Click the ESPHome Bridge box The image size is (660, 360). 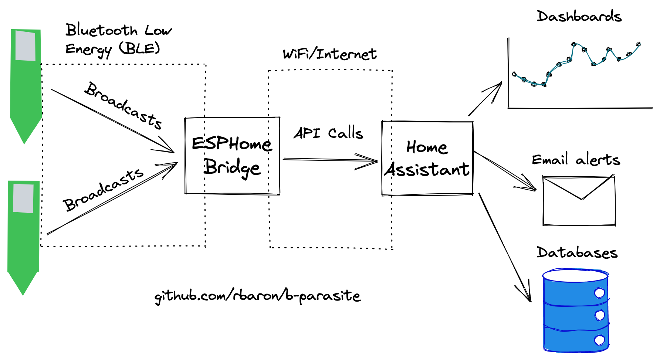click(x=232, y=156)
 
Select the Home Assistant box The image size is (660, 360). click(x=427, y=158)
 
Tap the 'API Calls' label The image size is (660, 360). click(x=328, y=133)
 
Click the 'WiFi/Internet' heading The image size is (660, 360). click(x=329, y=54)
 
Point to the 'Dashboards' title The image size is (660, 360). click(x=579, y=17)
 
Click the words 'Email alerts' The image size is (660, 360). click(x=576, y=160)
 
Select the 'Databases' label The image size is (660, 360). click(x=577, y=252)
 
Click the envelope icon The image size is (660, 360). click(x=579, y=201)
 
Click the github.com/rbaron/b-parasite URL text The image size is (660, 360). click(x=257, y=296)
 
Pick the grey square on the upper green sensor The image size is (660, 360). click(x=25, y=46)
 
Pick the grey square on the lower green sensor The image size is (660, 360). click(x=23, y=198)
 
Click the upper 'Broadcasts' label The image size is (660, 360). click(x=123, y=106)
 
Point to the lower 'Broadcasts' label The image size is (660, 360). click(x=104, y=189)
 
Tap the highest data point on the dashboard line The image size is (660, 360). click(x=574, y=44)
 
